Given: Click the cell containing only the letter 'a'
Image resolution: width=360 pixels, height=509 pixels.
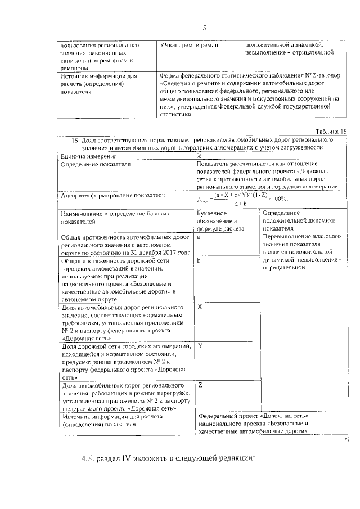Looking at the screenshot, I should click(199, 238).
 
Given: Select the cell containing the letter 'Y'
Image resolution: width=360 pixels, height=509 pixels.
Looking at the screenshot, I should click(200, 345).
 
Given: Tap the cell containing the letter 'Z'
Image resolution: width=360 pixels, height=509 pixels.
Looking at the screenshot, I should click(200, 384).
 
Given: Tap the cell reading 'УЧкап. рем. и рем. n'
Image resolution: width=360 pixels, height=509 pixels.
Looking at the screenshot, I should click(188, 44).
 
